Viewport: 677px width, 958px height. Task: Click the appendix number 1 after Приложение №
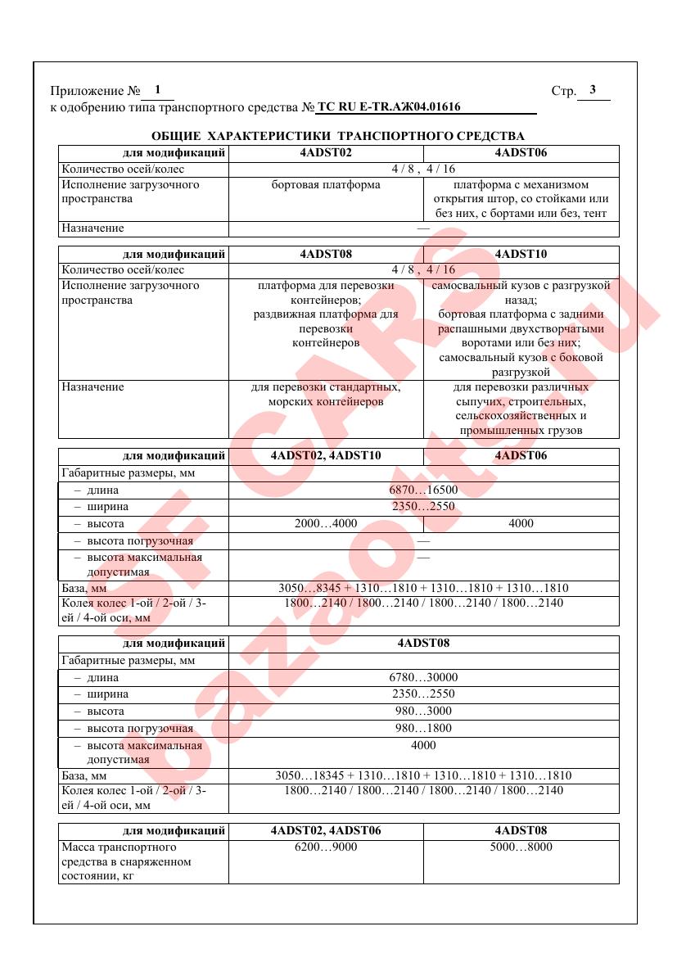[157, 90]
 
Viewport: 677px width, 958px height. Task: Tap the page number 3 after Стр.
[593, 90]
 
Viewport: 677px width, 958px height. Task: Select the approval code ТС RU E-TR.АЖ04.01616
[389, 107]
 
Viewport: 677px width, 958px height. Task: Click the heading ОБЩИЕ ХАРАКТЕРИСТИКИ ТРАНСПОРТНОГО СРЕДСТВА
[338, 135]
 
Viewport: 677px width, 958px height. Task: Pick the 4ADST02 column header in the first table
[326, 152]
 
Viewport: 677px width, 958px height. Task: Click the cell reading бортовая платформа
[326, 185]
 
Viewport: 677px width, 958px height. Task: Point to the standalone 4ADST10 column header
[521, 254]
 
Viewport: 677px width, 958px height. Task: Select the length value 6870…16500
[423, 490]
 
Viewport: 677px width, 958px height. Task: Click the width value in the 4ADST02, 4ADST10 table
[423, 507]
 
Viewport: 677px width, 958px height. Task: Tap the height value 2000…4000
[326, 524]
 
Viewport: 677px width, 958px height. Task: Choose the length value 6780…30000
[423, 678]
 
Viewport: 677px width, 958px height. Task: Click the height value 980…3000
[423, 712]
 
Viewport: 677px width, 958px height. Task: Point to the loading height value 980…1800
[423, 728]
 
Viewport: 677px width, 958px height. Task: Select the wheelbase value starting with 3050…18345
[423, 775]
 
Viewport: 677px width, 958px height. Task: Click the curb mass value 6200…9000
[326, 847]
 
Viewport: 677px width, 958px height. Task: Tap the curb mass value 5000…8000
[521, 847]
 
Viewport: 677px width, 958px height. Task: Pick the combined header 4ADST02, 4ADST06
[326, 830]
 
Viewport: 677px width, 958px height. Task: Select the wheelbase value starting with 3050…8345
[423, 588]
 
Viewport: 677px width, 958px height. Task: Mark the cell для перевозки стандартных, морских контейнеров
[326, 395]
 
